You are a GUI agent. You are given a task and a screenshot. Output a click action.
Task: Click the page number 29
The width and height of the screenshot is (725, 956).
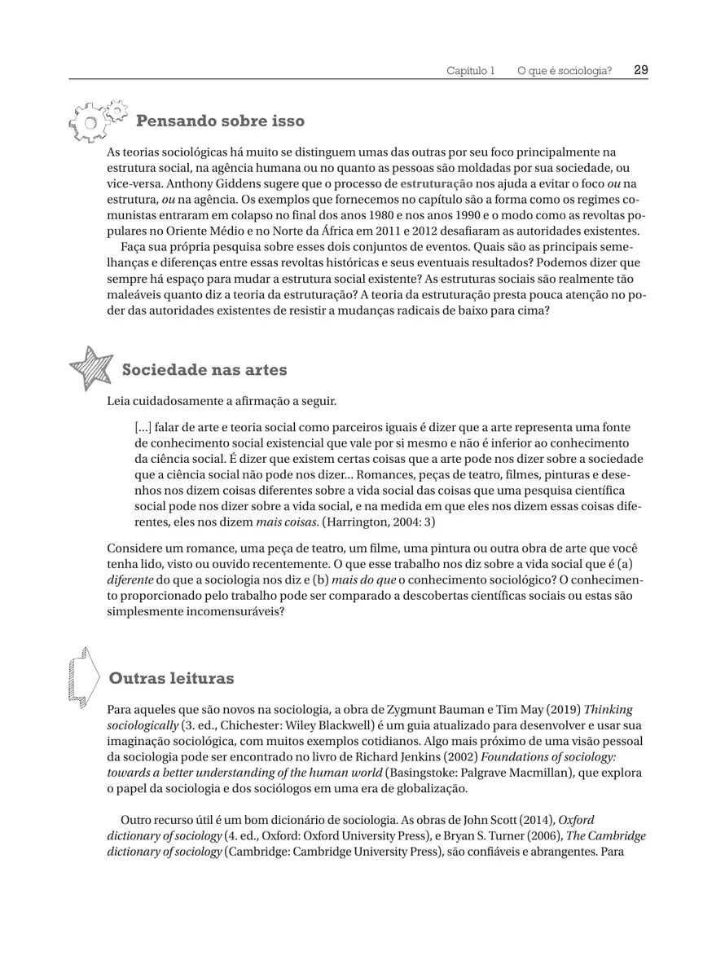click(x=640, y=70)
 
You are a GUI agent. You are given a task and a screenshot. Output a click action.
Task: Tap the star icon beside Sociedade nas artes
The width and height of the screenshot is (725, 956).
click(x=90, y=368)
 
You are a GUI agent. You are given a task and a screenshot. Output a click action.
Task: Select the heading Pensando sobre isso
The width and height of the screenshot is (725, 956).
click(x=220, y=121)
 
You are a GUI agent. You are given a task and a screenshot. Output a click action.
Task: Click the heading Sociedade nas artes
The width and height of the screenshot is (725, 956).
click(x=204, y=370)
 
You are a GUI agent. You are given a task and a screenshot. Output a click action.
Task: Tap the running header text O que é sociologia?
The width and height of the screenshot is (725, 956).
click(x=564, y=71)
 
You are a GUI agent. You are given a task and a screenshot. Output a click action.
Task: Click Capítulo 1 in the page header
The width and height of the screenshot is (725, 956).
click(x=470, y=71)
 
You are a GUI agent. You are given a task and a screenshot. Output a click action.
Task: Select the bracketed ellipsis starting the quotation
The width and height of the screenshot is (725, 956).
click(x=142, y=428)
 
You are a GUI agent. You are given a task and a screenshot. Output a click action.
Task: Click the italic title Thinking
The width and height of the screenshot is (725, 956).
click(x=608, y=709)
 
